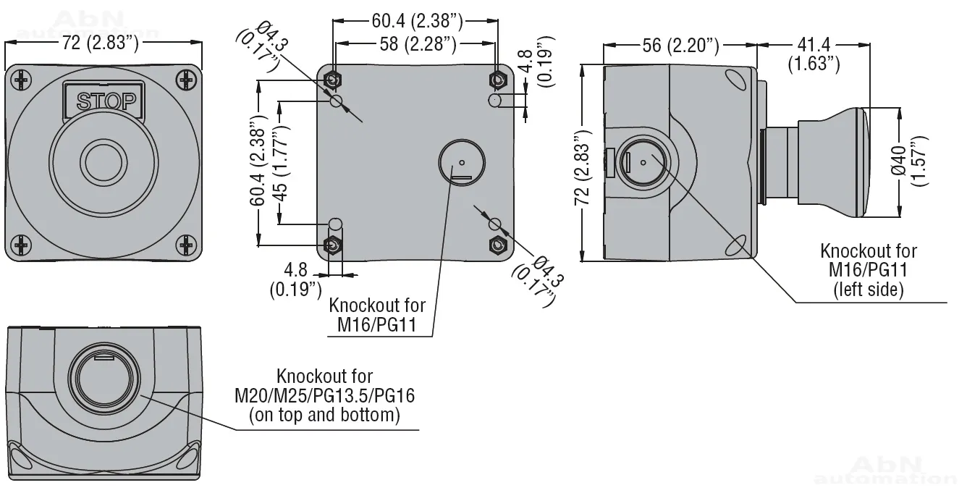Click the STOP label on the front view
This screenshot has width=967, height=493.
tap(106, 101)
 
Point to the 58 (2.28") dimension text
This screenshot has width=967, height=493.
tap(418, 44)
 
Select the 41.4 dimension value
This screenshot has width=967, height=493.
tap(814, 45)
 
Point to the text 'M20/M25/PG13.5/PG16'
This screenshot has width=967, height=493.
tap(325, 396)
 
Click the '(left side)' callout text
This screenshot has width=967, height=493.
tap(868, 290)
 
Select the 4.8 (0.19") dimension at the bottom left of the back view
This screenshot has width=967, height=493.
tap(296, 279)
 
